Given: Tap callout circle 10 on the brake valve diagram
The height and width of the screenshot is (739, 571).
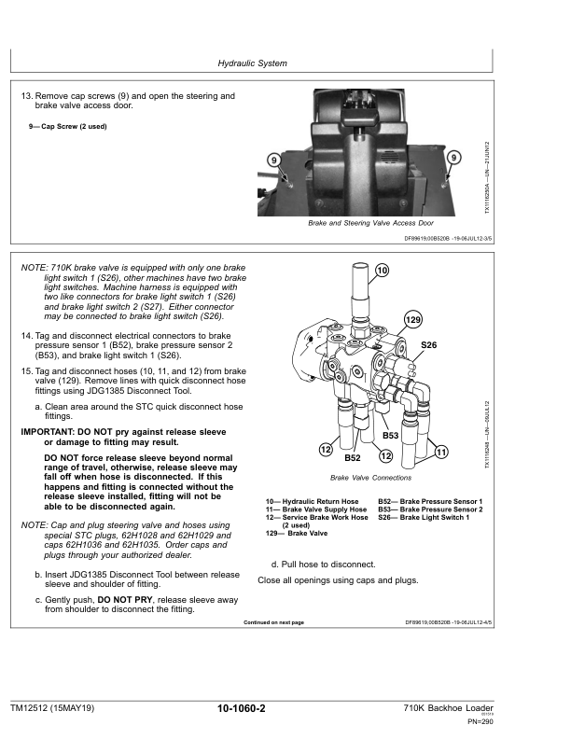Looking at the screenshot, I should [x=382, y=271].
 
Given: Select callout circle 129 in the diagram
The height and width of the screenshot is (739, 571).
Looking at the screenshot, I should [x=412, y=320].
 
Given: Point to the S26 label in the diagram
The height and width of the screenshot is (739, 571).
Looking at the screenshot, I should [x=428, y=345].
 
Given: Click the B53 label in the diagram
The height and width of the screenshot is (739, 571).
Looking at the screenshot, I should [x=391, y=436].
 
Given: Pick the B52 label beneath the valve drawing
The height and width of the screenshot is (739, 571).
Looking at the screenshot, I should [x=353, y=458].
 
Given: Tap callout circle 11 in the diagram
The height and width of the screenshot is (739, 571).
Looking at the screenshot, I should [x=442, y=453].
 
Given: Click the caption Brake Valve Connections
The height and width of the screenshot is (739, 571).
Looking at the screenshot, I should [x=370, y=478].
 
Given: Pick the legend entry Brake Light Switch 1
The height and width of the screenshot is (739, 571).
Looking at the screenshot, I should [x=430, y=517].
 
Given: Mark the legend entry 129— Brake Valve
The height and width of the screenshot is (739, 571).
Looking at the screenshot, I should [x=297, y=533].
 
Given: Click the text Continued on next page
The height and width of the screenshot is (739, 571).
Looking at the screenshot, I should [x=273, y=622].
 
